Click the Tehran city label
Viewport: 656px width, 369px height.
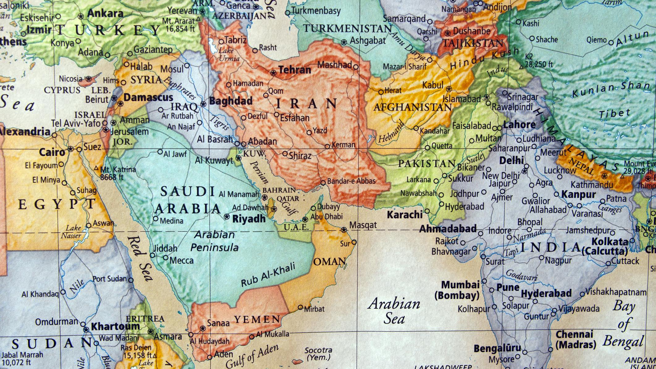295,70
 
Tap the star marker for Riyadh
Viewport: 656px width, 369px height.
227,216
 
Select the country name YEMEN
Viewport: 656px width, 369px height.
257,319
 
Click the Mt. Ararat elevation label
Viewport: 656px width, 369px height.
180,25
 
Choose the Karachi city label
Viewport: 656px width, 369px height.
404,214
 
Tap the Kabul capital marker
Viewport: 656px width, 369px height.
449,89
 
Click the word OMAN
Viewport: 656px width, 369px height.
330,262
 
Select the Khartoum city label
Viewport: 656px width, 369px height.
115,326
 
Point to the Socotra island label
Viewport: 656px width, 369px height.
318,354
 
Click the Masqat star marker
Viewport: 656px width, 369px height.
344,229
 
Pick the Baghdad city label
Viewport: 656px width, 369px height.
231,101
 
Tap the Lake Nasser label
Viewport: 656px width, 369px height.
73,232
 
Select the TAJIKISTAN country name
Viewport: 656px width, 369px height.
473,43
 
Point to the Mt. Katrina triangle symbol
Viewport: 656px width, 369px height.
96,168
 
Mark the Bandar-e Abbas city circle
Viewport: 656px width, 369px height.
323,183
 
